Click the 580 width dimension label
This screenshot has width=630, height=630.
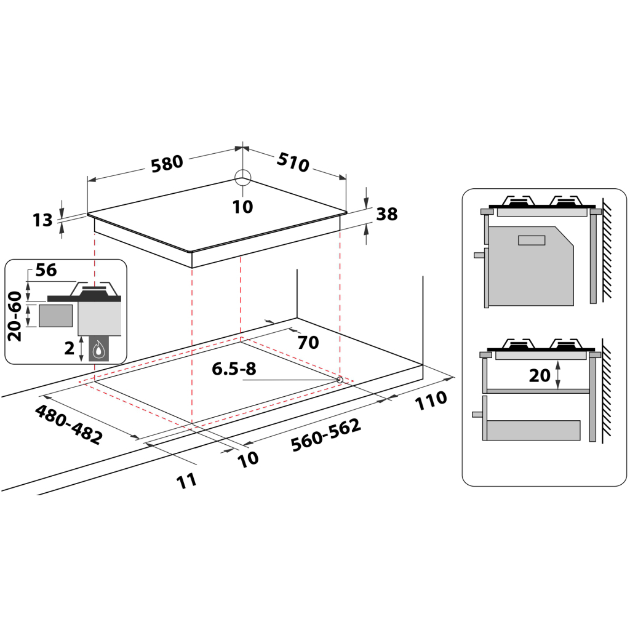[x=167, y=162]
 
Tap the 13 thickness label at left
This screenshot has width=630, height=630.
[x=43, y=220]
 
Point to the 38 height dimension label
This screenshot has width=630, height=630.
[x=386, y=214]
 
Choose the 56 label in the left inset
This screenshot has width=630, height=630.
[x=47, y=270]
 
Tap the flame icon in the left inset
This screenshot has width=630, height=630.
[x=98, y=351]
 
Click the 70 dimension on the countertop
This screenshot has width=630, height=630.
[x=308, y=342]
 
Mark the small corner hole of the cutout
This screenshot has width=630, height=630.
[x=340, y=380]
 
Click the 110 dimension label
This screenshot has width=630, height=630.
[x=431, y=401]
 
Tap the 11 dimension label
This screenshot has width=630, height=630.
[x=187, y=479]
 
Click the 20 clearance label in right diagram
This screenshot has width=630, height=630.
[x=540, y=375]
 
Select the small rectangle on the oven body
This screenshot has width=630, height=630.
[x=532, y=240]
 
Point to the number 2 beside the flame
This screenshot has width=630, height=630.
[x=70, y=348]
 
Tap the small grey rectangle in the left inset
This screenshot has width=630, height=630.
[x=55, y=316]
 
